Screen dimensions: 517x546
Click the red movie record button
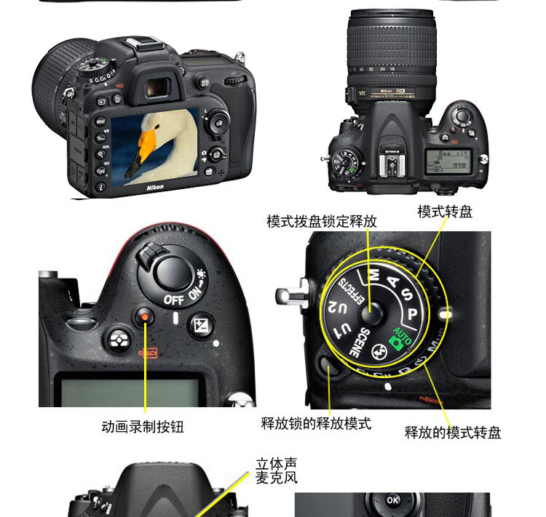[146, 316]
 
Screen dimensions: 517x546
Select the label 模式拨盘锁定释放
[321, 221]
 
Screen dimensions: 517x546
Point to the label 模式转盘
[444, 212]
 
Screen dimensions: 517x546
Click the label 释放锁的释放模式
[316, 422]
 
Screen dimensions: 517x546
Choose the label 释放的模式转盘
[453, 433]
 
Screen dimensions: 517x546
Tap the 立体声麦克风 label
[277, 470]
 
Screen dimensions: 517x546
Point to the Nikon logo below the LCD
[155, 187]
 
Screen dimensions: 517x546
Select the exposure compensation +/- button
[200, 324]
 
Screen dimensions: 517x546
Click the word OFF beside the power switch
[173, 299]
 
